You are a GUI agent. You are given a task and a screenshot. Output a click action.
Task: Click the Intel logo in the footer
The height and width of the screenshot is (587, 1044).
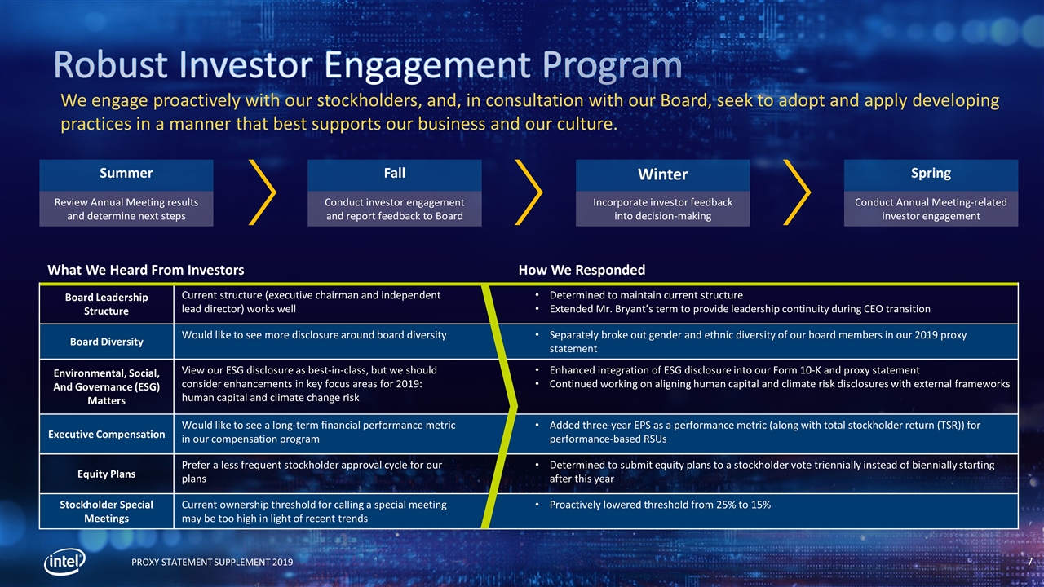point(64,562)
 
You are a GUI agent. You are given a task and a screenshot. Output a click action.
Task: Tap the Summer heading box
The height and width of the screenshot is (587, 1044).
point(126,175)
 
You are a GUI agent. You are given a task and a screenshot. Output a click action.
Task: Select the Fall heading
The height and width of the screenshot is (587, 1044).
point(394,174)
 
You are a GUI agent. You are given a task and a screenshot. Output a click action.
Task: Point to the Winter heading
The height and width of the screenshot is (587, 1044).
point(662,174)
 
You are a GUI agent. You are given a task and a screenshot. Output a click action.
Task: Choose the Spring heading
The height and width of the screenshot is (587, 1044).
point(931,174)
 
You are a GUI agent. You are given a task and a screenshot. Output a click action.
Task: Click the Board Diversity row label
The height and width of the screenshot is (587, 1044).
point(106,342)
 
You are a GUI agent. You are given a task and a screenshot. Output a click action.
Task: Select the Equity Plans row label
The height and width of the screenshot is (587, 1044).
point(106,474)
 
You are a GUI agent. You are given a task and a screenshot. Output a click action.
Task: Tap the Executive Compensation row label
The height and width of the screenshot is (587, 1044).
point(106,435)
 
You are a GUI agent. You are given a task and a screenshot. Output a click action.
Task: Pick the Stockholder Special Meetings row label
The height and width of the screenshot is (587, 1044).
point(106,511)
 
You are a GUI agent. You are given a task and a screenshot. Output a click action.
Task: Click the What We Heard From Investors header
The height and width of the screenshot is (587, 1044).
point(146,270)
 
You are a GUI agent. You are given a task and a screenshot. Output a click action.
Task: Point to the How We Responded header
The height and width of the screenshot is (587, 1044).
point(582,270)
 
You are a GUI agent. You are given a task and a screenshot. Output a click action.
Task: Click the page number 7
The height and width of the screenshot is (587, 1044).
point(1030,562)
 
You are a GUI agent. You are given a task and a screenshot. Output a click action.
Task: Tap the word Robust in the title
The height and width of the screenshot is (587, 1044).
point(110,64)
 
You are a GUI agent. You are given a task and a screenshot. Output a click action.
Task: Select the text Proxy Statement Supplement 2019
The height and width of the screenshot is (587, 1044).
point(212,563)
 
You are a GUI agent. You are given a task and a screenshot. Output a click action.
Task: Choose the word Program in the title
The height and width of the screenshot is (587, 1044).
point(612,66)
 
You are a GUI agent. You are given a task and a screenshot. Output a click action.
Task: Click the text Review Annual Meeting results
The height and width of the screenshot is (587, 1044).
point(126,202)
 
